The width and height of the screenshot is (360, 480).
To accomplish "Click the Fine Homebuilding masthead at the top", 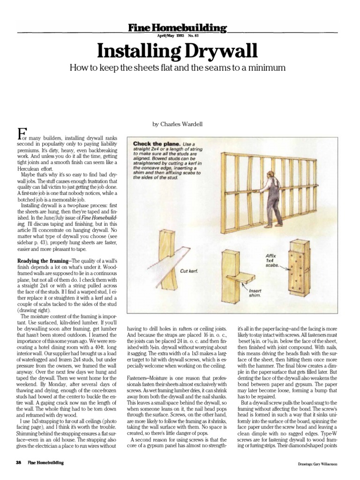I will point(177,28).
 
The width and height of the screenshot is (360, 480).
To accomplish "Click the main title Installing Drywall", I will point(177,50).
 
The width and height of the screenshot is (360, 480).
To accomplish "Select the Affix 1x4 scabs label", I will point(272,261).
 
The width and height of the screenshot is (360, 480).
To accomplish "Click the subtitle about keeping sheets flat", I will point(177,68).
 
